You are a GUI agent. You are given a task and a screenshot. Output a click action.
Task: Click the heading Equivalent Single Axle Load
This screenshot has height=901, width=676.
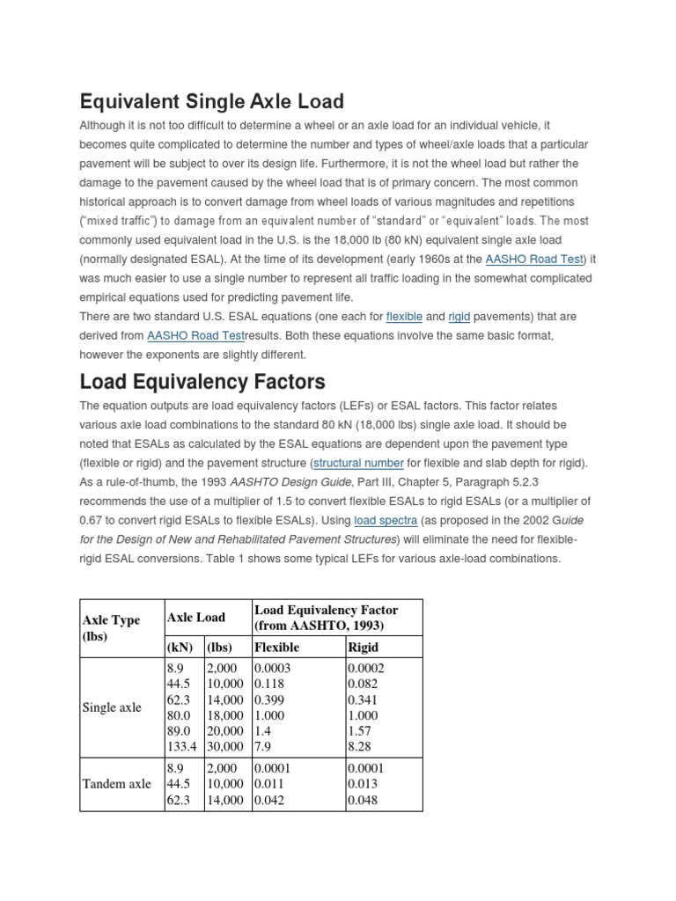pos(211,100)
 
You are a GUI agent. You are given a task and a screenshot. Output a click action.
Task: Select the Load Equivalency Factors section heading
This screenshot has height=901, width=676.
pos(202,382)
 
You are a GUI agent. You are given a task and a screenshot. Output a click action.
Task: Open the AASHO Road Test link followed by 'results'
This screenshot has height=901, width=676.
pos(190,335)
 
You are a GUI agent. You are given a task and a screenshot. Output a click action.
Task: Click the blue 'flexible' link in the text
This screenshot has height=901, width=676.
pos(404,316)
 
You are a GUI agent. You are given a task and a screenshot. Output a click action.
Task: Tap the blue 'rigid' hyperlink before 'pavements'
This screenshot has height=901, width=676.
pos(459,316)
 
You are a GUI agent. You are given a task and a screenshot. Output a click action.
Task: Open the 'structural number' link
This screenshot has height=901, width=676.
pos(358,463)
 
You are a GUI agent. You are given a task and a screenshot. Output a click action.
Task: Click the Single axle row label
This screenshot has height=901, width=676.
pos(112,707)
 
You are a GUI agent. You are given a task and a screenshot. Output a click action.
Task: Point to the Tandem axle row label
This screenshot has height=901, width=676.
pos(116,784)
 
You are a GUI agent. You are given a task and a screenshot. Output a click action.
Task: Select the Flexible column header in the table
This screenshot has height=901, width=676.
pos(276,647)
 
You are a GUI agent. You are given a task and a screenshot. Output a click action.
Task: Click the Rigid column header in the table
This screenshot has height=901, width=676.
pos(364,647)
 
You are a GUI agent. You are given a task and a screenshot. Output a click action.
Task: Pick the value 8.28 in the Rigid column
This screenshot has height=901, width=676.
pos(362,747)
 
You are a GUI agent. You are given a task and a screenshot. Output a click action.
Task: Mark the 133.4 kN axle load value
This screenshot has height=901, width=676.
pos(183,747)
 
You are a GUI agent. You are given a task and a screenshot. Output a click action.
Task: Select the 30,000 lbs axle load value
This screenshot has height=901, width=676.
pos(226,747)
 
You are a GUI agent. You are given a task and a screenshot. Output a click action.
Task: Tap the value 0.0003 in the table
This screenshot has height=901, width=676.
pos(274,668)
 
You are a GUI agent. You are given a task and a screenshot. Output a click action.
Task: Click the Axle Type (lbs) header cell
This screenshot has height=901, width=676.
pos(112,627)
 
